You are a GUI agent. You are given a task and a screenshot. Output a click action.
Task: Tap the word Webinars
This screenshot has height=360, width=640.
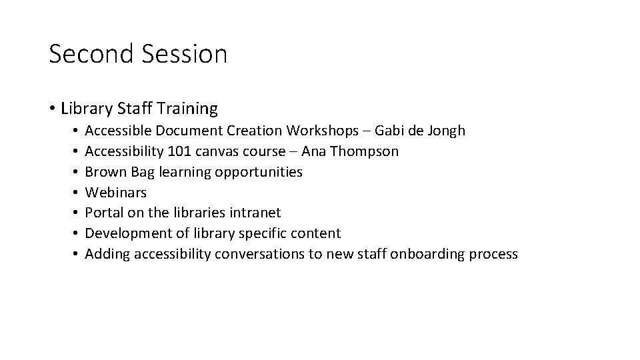[116, 193]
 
